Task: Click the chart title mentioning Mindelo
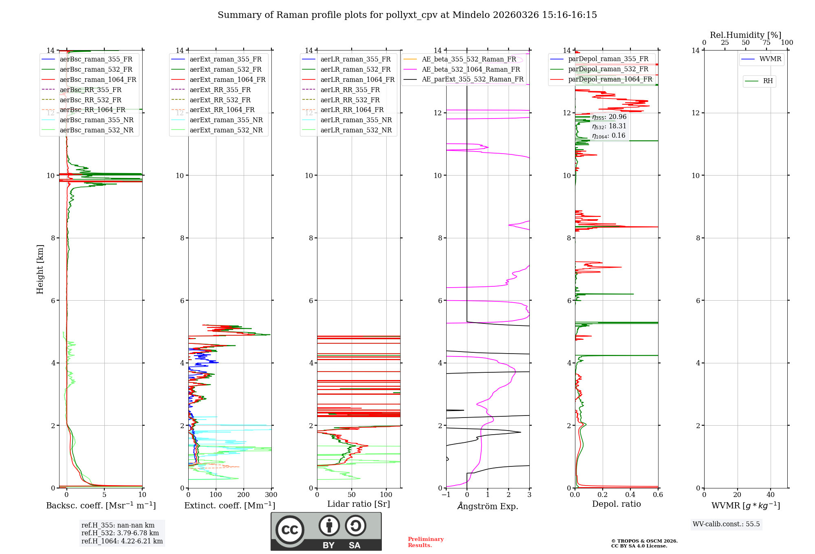pos(407,15)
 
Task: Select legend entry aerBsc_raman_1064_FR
pos(98,80)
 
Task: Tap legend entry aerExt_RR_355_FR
pos(220,90)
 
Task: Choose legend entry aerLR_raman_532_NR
pos(356,130)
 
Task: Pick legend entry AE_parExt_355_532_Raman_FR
pos(472,79)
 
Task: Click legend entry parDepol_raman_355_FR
pos(608,59)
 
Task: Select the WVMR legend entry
pos(770,59)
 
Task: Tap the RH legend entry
pos(768,81)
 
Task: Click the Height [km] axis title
pos(40,269)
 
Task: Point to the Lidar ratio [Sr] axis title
pos(359,504)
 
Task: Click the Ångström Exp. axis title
pos(488,506)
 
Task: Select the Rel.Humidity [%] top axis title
pos(745,35)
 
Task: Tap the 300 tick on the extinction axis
pos(271,495)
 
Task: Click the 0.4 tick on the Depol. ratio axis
pos(630,495)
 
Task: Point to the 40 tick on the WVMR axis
pos(770,495)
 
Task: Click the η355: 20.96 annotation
pos(609,117)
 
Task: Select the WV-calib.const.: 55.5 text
pos(726,524)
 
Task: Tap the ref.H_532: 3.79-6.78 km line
pos(120,533)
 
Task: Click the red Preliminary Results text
pos(425,542)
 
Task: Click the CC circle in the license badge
pos(290,530)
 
